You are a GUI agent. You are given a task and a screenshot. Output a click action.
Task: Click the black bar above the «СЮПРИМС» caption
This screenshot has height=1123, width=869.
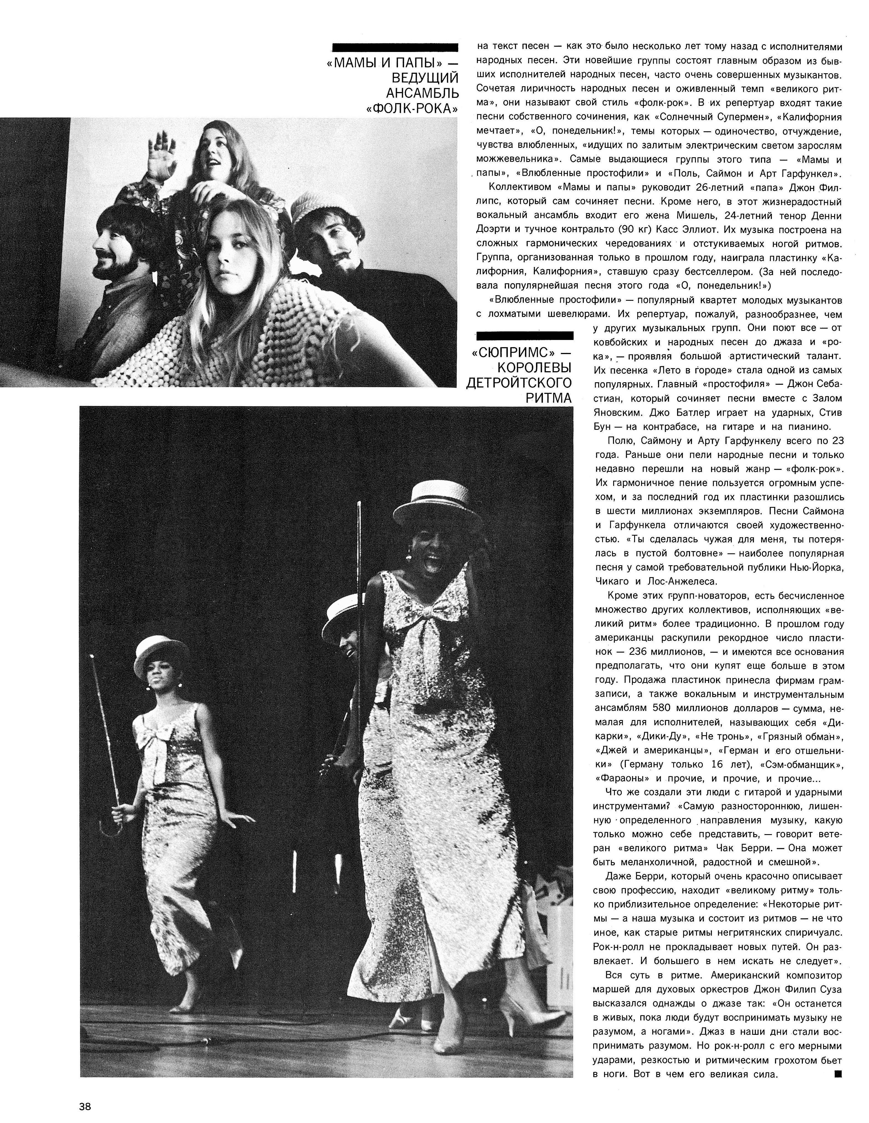tap(525, 336)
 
